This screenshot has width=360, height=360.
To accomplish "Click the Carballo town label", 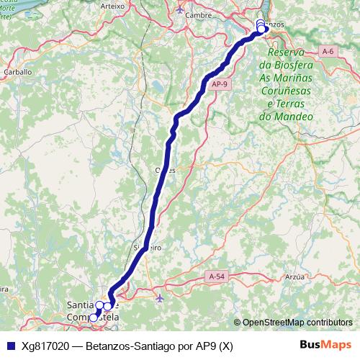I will [18, 72].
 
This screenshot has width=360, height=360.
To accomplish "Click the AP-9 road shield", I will [220, 85].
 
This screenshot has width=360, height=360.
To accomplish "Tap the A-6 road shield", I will [328, 51].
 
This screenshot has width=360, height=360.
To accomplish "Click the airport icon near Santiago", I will [159, 297].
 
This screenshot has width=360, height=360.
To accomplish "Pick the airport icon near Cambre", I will [180, 9].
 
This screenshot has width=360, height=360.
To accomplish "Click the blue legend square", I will [9, 346].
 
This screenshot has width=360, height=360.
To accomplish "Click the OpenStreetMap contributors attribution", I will [297, 323].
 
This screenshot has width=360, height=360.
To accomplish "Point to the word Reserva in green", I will [287, 53].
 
